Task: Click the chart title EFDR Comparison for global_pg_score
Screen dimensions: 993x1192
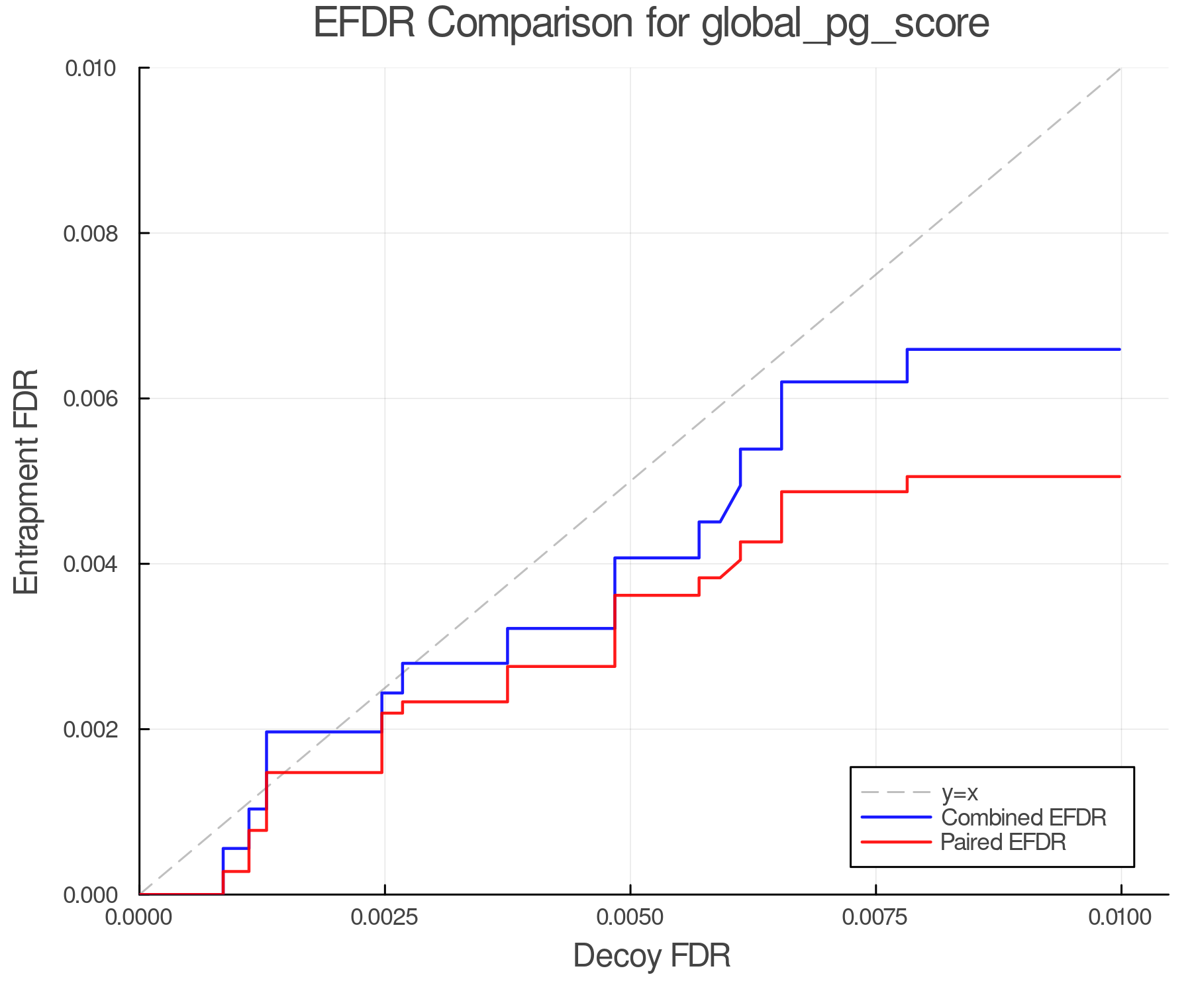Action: [651, 23]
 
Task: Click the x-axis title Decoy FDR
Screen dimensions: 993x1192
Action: [651, 956]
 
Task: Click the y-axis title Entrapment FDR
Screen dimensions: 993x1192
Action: [27, 481]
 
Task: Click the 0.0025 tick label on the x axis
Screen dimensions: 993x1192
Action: [385, 918]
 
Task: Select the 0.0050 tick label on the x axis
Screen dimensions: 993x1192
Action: [630, 918]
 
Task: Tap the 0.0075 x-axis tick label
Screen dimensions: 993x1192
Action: [875, 918]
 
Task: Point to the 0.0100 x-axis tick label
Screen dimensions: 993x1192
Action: [1120, 918]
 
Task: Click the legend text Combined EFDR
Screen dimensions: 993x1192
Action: [1023, 818]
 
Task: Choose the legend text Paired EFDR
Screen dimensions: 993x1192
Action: [1003, 842]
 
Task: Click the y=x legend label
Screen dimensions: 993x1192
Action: [960, 792]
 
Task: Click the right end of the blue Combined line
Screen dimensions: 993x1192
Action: [1120, 350]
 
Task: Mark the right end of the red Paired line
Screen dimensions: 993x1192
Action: [1120, 477]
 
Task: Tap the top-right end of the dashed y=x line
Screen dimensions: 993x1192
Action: [1120, 69]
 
